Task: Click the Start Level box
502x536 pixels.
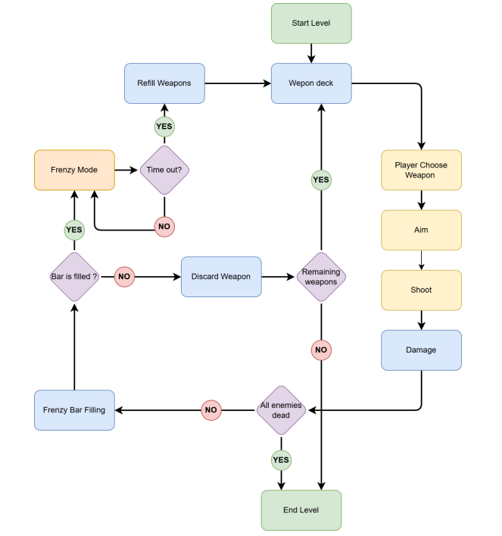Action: click(311, 23)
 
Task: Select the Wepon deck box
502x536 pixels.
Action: click(311, 83)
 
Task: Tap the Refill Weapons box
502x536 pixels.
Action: click(164, 83)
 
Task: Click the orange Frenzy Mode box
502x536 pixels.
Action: click(74, 170)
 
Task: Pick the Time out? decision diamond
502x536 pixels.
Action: click(164, 170)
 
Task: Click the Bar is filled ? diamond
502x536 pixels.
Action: click(74, 277)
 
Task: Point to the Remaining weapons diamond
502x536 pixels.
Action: click(321, 277)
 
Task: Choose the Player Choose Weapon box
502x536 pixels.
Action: click(421, 170)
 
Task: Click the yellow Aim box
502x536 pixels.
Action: click(421, 230)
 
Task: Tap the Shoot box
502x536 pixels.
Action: click(421, 290)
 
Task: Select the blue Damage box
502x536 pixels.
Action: click(421, 349)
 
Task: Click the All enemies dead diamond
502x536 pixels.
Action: click(281, 410)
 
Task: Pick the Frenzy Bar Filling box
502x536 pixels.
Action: click(74, 410)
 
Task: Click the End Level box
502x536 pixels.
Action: click(301, 510)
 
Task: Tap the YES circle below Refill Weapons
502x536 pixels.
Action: click(164, 126)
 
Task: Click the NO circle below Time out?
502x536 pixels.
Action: click(164, 226)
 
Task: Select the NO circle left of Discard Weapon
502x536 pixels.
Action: click(125, 277)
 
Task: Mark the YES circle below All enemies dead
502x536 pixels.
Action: click(281, 460)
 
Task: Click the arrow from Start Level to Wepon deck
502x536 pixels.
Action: click(311, 52)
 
